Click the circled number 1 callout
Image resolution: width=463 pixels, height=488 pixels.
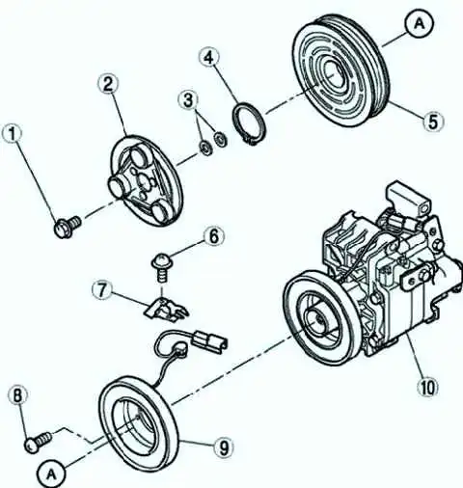[x=13, y=135]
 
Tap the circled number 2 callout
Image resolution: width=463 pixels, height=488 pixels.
[x=108, y=83]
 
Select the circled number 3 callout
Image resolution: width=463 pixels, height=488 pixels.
[x=188, y=99]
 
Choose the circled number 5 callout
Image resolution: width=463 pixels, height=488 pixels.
[x=433, y=122]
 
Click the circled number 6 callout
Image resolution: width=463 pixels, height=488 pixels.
[x=214, y=236]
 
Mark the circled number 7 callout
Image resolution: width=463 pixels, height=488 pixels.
[x=102, y=290]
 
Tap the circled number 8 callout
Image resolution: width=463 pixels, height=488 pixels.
[x=17, y=396]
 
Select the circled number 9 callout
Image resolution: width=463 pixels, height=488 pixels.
[x=224, y=447]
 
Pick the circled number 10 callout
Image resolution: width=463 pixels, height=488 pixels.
[x=428, y=387]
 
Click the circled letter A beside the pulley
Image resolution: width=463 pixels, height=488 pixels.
[x=419, y=23]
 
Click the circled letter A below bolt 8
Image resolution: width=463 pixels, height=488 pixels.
[x=51, y=474]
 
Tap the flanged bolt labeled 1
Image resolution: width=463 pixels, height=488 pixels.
[x=67, y=227]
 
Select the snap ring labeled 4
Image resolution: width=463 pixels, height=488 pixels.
[x=249, y=123]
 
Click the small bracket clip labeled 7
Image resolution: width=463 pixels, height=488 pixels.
[x=165, y=310]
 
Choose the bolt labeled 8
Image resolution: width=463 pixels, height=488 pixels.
[x=38, y=442]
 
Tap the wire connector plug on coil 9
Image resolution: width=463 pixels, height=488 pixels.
[x=209, y=342]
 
